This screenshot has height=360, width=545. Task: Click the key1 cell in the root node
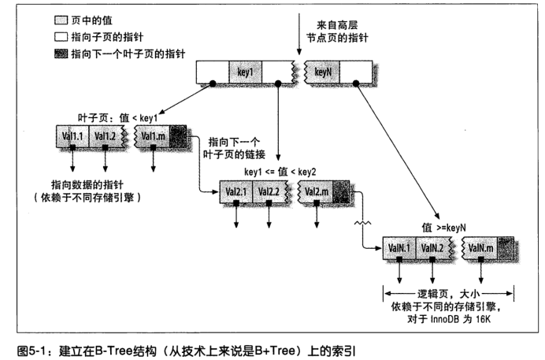point(246,72)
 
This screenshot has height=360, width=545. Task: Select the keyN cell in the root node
point(323,72)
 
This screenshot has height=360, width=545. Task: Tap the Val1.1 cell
point(72,136)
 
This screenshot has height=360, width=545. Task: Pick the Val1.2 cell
point(106,136)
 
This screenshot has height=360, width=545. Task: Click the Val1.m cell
point(153,136)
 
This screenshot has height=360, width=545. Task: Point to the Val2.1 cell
point(236,191)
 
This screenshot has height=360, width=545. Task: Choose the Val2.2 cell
point(269,191)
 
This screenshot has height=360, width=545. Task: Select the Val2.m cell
point(316,191)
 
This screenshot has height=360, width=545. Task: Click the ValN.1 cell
point(399,248)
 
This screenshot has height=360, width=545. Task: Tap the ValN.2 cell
point(432,248)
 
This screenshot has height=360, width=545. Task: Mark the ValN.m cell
point(480,248)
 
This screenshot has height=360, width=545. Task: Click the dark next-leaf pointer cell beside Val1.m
point(178,136)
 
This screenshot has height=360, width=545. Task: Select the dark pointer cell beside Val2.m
point(341,191)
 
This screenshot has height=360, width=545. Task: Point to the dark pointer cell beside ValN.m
point(506,248)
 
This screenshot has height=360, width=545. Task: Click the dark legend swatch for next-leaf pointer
point(61,54)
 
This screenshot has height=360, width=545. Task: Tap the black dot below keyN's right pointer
point(356,84)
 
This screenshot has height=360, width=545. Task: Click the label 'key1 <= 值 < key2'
point(280,172)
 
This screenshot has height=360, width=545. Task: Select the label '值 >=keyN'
point(444,228)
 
